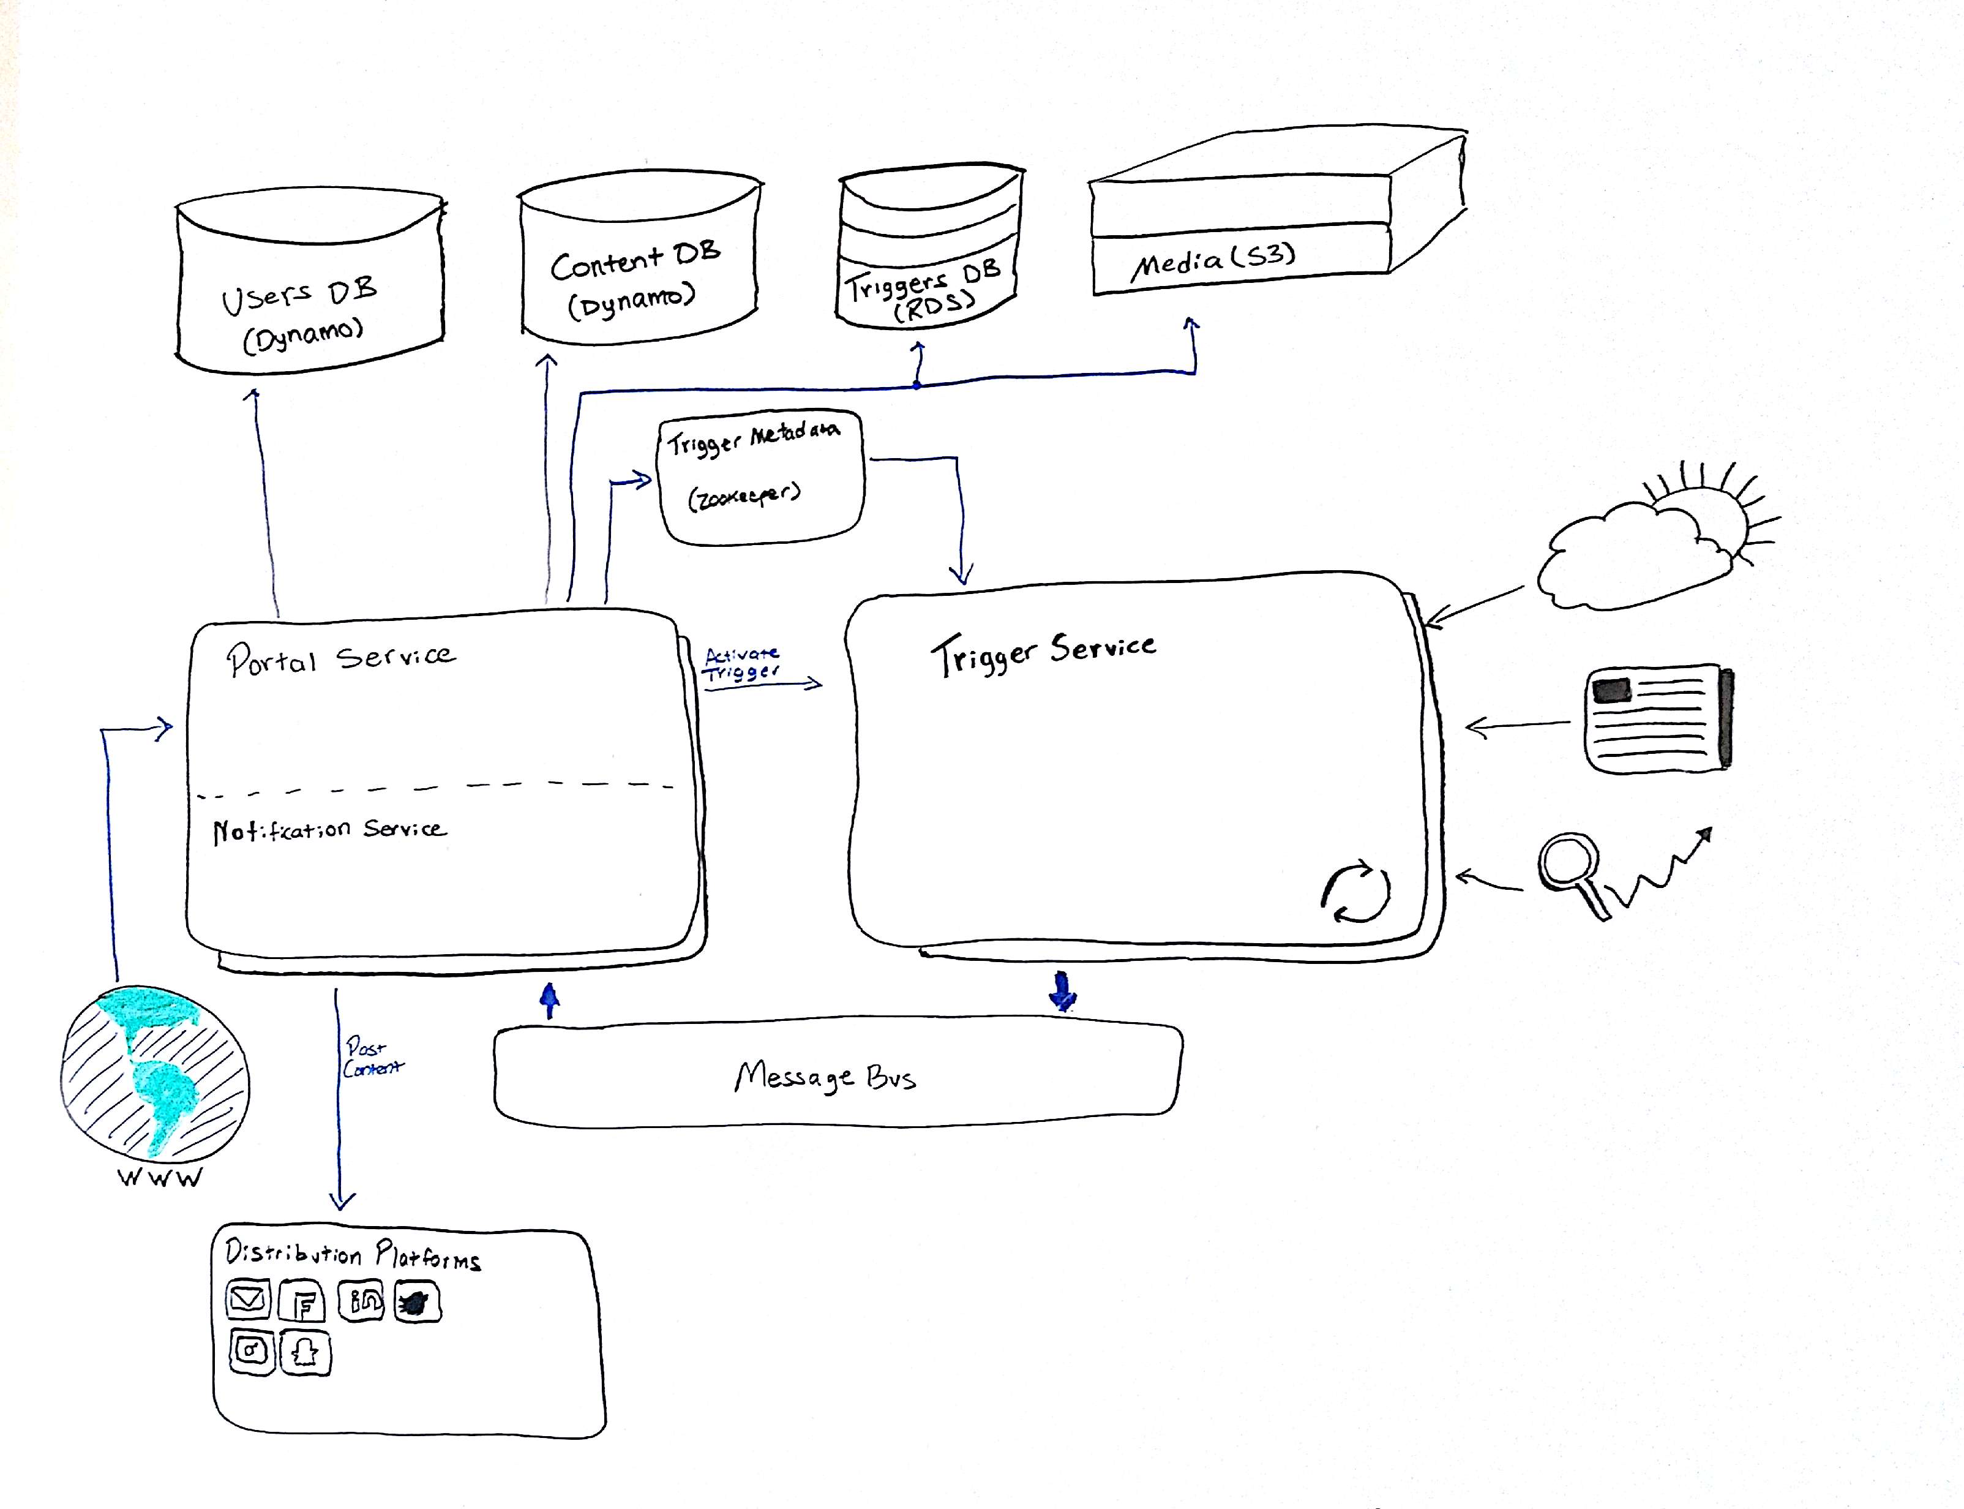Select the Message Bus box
(x=835, y=1074)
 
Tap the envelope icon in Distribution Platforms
(x=247, y=1299)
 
